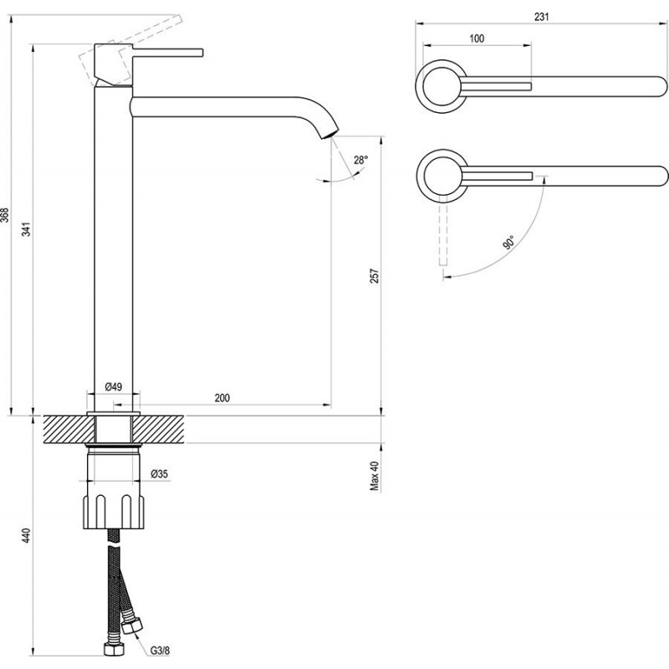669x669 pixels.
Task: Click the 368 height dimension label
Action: pos(6,215)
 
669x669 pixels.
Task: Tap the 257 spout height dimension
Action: pos(375,275)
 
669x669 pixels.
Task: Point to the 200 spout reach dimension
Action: pos(222,397)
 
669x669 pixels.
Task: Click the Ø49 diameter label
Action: pos(114,386)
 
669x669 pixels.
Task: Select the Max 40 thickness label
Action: pos(375,477)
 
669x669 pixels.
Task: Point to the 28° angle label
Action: pos(360,159)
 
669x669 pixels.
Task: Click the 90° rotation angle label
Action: pos(508,243)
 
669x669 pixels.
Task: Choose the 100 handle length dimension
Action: pos(477,38)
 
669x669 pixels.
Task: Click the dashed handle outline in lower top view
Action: pos(445,237)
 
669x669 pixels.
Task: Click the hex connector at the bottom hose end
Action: pos(110,650)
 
